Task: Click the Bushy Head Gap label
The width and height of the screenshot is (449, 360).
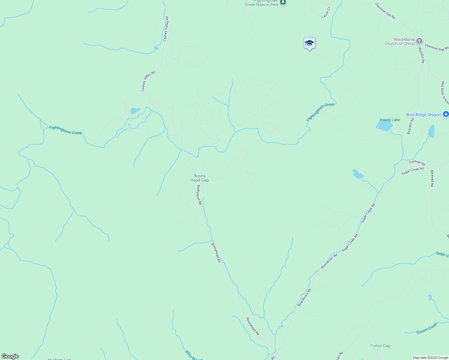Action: pyautogui.click(x=199, y=178)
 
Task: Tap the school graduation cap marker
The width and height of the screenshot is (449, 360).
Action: pyautogui.click(x=309, y=43)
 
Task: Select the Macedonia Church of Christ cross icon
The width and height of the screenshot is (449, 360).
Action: pyautogui.click(x=419, y=41)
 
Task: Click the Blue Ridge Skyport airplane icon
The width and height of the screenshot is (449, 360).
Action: pyautogui.click(x=446, y=114)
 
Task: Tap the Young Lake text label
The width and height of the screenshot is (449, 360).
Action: pyautogui.click(x=390, y=120)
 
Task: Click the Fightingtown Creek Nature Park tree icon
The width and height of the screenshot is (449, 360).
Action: pyautogui.click(x=283, y=3)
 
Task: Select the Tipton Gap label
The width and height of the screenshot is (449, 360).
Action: pyautogui.click(x=380, y=346)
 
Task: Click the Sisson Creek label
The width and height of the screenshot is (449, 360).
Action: pyautogui.click(x=427, y=328)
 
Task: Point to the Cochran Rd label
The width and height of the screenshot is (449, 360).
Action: pyautogui.click(x=417, y=163)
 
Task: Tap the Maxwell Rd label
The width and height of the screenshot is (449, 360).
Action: pyautogui.click(x=432, y=178)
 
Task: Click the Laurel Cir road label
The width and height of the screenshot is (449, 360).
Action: pyautogui.click(x=326, y=12)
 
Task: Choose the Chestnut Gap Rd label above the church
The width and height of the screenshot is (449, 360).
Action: pyautogui.click(x=385, y=11)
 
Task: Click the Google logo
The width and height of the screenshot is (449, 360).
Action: pyautogui.click(x=10, y=356)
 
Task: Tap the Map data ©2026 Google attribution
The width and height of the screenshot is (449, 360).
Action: pyautogui.click(x=430, y=358)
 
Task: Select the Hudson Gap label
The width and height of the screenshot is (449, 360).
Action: pyautogui.click(x=59, y=359)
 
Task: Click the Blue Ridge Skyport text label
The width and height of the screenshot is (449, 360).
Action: pyautogui.click(x=424, y=115)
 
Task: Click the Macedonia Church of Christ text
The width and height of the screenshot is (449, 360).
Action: pyautogui.click(x=399, y=41)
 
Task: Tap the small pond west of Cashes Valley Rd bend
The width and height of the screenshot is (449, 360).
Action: pyautogui.click(x=135, y=111)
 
